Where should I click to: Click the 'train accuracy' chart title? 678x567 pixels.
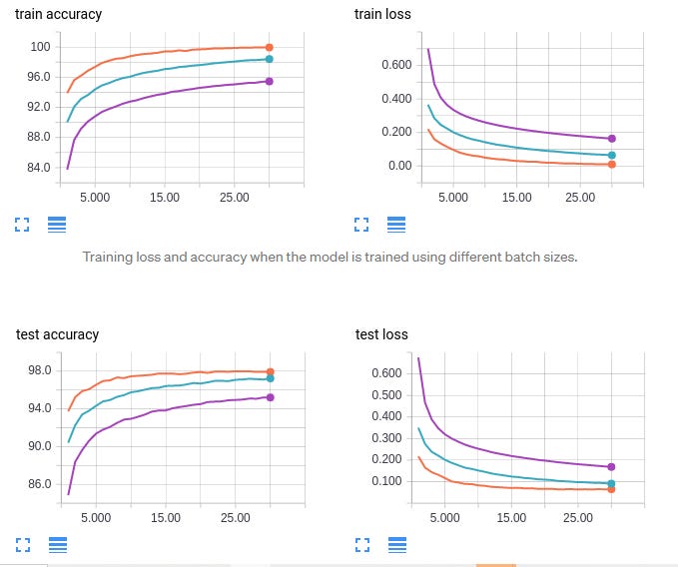click(x=58, y=15)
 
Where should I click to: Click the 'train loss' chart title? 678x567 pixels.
click(x=382, y=15)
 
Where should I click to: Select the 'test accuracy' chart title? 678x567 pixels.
click(x=57, y=334)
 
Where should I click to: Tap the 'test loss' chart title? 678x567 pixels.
click(x=381, y=334)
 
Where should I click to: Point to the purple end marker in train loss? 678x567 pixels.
click(x=611, y=139)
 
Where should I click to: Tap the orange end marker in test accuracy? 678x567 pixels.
click(x=270, y=372)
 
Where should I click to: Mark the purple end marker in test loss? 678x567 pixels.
click(x=611, y=466)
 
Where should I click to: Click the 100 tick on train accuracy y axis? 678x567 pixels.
click(x=40, y=47)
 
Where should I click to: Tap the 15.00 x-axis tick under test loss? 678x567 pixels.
click(x=511, y=518)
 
